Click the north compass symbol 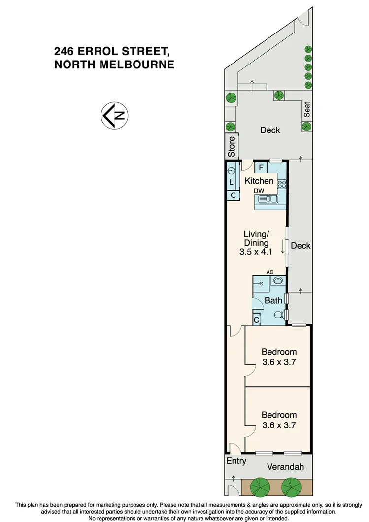click(115, 116)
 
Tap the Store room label click(232, 146)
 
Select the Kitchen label click(259, 181)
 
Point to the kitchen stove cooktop click(282, 185)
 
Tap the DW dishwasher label click(259, 191)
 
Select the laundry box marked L click(232, 182)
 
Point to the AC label click(269, 272)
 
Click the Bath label click(273, 300)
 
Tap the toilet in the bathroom click(279, 315)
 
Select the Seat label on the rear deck click(307, 109)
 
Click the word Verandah click(286, 467)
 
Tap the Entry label click(236, 461)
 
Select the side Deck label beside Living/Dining click(300, 245)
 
